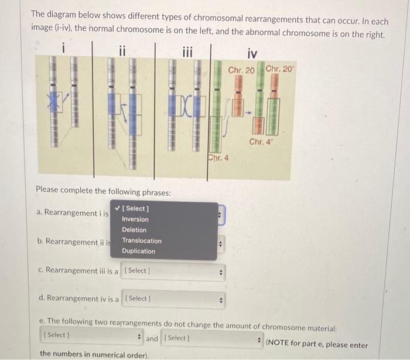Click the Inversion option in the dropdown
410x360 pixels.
tap(135, 219)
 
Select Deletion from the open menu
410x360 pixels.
tap(134, 230)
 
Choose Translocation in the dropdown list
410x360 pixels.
tap(141, 240)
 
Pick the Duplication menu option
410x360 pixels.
tap(138, 251)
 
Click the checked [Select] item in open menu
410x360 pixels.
tap(135, 209)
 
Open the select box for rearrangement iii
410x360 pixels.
tap(174, 271)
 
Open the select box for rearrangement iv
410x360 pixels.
tap(174, 299)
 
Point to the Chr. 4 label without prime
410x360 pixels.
tap(218, 157)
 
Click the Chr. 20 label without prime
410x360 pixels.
tap(241, 70)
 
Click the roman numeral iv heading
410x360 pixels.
tap(252, 54)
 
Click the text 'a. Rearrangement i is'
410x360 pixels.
tap(72, 213)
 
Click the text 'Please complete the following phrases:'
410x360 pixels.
tap(103, 192)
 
